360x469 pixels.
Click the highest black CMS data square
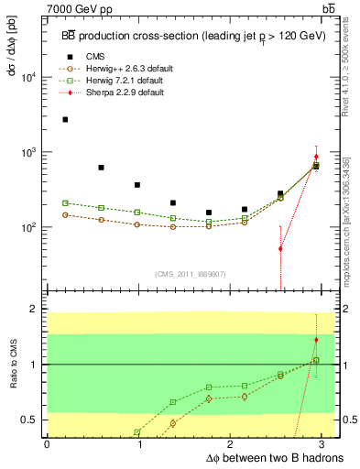pyautogui.click(x=65, y=119)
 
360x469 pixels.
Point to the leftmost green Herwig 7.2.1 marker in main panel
pyautogui.click(x=65, y=202)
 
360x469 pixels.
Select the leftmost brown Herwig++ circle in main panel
pyautogui.click(x=65, y=214)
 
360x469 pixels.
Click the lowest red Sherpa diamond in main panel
pyautogui.click(x=280, y=248)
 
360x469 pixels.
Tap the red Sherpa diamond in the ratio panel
pyautogui.click(x=316, y=340)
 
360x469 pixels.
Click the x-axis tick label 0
pyautogui.click(x=47, y=445)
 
